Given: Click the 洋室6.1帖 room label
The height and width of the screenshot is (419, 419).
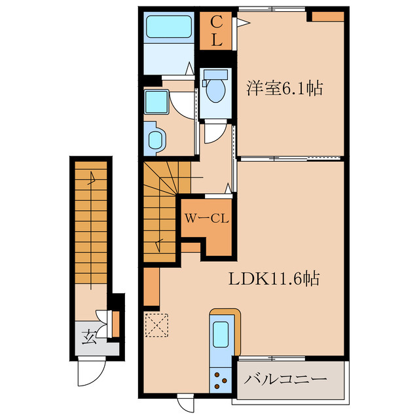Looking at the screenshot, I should pos(284,88).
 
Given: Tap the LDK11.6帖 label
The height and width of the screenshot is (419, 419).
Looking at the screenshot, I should pos(273,279).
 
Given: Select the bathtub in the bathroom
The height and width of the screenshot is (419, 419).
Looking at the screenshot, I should pos(167,27).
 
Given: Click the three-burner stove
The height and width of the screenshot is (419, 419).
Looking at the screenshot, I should pos(221,378).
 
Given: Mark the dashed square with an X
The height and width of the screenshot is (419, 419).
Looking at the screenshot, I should pos(157,324).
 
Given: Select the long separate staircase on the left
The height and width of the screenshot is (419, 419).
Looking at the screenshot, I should pos(92,223).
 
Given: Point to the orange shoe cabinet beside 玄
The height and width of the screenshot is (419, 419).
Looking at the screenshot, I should pos(115,323).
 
